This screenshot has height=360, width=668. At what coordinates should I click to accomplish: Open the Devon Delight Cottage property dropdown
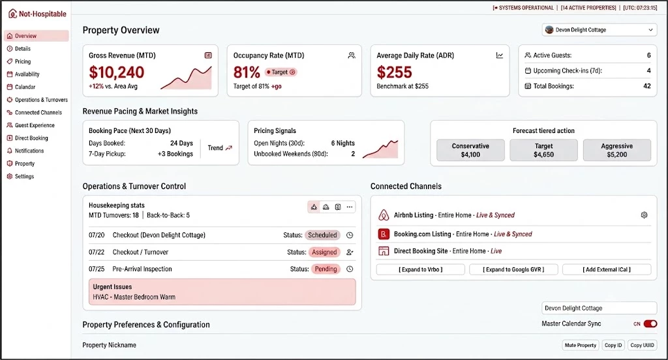pyautogui.click(x=600, y=30)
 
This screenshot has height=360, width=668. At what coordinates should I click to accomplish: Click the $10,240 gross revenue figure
pyautogui.click(x=116, y=72)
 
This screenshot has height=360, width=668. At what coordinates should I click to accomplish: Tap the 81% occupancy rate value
pyautogui.click(x=247, y=72)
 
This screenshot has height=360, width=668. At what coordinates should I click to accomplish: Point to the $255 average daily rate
pyautogui.click(x=394, y=72)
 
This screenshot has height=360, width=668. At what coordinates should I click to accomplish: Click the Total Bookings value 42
pyautogui.click(x=646, y=86)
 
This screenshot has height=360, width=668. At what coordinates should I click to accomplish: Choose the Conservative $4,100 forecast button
pyautogui.click(x=470, y=150)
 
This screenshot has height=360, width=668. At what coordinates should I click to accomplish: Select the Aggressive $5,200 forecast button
pyautogui.click(x=617, y=150)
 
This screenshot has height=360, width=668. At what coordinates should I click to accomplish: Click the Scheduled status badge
pyautogui.click(x=322, y=235)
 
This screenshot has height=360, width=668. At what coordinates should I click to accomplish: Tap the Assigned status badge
pyautogui.click(x=324, y=252)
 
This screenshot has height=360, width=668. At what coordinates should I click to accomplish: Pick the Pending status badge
pyautogui.click(x=326, y=269)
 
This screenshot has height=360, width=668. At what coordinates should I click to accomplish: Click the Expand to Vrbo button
pyautogui.click(x=421, y=269)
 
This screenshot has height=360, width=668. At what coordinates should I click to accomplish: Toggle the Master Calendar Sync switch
pyautogui.click(x=650, y=323)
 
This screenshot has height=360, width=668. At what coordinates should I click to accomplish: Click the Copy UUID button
pyautogui.click(x=642, y=345)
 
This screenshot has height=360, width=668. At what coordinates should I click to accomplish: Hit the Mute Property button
pyautogui.click(x=580, y=345)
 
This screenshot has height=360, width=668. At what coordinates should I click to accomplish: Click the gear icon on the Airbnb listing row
pyautogui.click(x=644, y=215)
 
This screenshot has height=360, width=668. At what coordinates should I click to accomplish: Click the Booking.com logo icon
pyautogui.click(x=384, y=234)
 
